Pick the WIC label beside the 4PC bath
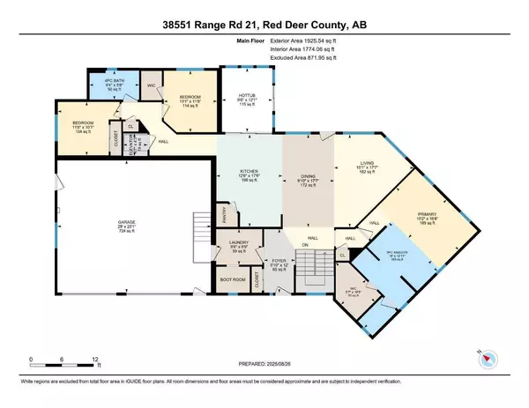click(x=150, y=85)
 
